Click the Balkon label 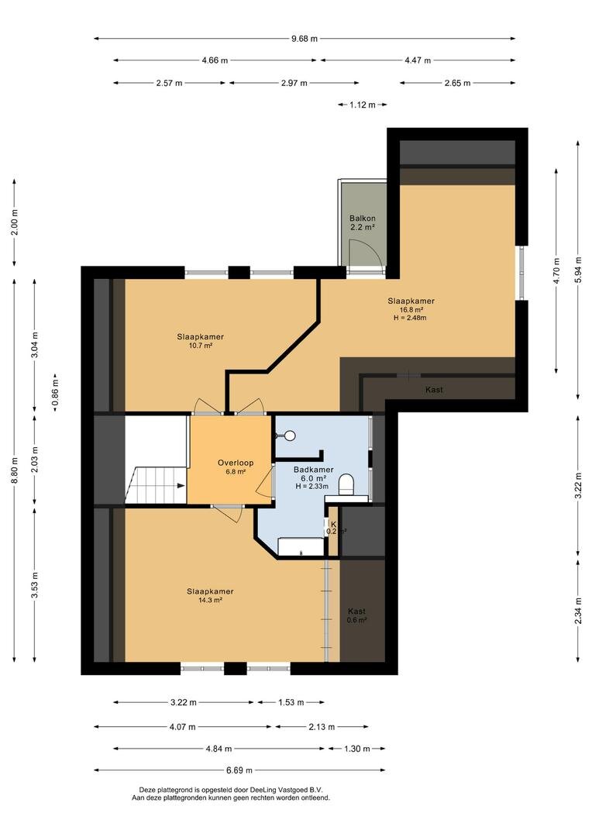click(x=363, y=219)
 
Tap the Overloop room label click(x=236, y=463)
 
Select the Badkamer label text click(x=313, y=470)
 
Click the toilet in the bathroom click(x=348, y=483)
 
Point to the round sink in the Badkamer click(x=289, y=436)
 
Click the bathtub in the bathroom click(x=301, y=547)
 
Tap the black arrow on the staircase click(x=181, y=486)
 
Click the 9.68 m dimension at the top click(x=305, y=39)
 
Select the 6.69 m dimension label click(x=239, y=770)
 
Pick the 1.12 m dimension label click(x=363, y=105)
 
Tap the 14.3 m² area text click(x=210, y=600)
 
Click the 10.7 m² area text click(x=200, y=346)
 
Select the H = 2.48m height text click(x=410, y=318)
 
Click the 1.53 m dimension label click(x=291, y=702)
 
